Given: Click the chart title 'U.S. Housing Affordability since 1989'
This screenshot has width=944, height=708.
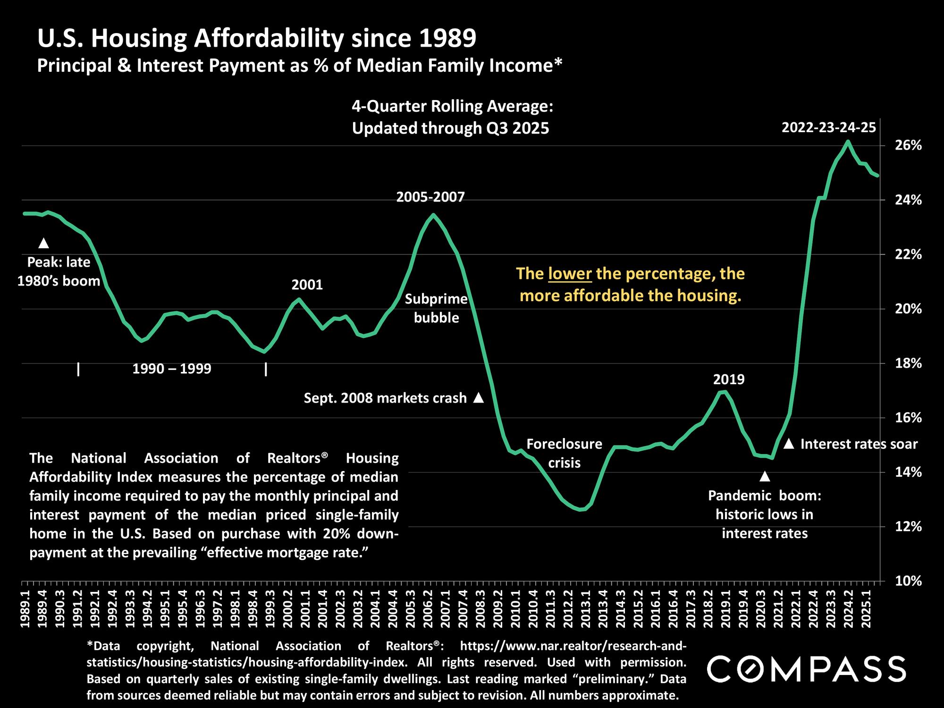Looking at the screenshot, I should [257, 39].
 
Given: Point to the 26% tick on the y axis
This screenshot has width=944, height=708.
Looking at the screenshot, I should [909, 145].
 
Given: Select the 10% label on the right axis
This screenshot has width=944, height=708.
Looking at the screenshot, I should [909, 581].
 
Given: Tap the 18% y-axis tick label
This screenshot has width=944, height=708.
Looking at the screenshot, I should [909, 363].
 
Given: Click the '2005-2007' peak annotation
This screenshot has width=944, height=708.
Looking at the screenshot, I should [430, 197].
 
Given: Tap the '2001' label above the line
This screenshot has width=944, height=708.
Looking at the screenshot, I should [307, 285].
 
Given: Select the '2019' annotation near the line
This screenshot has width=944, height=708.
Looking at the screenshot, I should [729, 379].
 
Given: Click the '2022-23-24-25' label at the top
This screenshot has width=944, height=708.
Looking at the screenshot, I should [829, 127].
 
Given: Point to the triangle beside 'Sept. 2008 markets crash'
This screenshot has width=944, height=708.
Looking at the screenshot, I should [479, 397].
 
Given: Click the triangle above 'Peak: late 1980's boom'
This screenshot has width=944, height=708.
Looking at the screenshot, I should [43, 243].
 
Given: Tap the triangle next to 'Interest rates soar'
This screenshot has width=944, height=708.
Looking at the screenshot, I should [789, 444].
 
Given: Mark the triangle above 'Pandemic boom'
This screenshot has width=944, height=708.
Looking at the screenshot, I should [765, 477].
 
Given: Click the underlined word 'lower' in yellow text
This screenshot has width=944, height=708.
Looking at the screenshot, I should [570, 274].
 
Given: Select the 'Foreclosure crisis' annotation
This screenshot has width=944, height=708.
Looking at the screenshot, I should [564, 453].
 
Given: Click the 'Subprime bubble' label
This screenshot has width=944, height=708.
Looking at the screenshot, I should [436, 308].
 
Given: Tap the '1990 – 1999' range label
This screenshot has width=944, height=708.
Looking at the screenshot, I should [172, 369].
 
